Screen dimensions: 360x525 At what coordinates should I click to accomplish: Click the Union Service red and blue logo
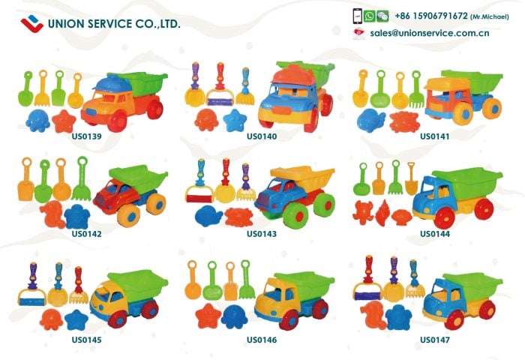point(31,23)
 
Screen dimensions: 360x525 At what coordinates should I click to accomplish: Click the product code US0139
point(87,136)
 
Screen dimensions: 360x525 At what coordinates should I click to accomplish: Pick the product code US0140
point(262,136)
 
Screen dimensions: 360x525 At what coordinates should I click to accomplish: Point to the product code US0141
point(434,136)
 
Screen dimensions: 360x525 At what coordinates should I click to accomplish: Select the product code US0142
point(87,233)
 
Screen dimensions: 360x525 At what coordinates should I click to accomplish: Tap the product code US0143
point(262,233)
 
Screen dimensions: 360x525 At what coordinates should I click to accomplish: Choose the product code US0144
point(434,233)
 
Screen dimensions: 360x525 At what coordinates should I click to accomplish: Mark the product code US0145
point(87,340)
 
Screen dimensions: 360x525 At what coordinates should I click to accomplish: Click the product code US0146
point(262,340)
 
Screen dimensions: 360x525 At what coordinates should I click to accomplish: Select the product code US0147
point(434,340)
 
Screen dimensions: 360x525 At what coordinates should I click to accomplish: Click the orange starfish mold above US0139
point(64,120)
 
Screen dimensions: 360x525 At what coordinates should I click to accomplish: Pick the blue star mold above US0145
point(76,319)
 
